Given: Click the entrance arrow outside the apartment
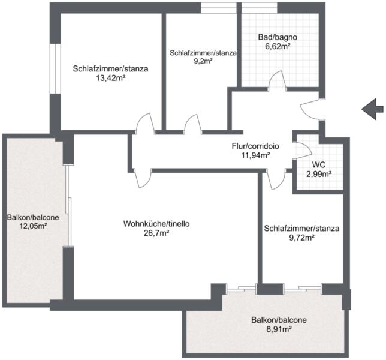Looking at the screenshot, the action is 372,109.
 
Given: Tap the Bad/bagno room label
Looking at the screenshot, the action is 278,37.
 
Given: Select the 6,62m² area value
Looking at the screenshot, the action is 278,46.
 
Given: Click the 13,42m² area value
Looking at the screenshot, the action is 110,78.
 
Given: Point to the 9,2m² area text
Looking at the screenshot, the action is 203,61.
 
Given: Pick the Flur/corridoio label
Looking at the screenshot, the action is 255,146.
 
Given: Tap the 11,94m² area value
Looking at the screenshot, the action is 256,155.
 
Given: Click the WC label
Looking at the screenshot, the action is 318,164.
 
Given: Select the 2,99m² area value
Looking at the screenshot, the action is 318,174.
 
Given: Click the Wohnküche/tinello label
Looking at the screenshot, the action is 156,224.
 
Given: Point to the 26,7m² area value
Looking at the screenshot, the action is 156,233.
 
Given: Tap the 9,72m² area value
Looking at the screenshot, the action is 301,238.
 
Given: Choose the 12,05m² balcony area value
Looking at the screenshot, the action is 33,226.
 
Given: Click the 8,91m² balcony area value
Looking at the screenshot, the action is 279,329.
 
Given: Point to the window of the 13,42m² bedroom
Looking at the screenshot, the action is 55,69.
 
